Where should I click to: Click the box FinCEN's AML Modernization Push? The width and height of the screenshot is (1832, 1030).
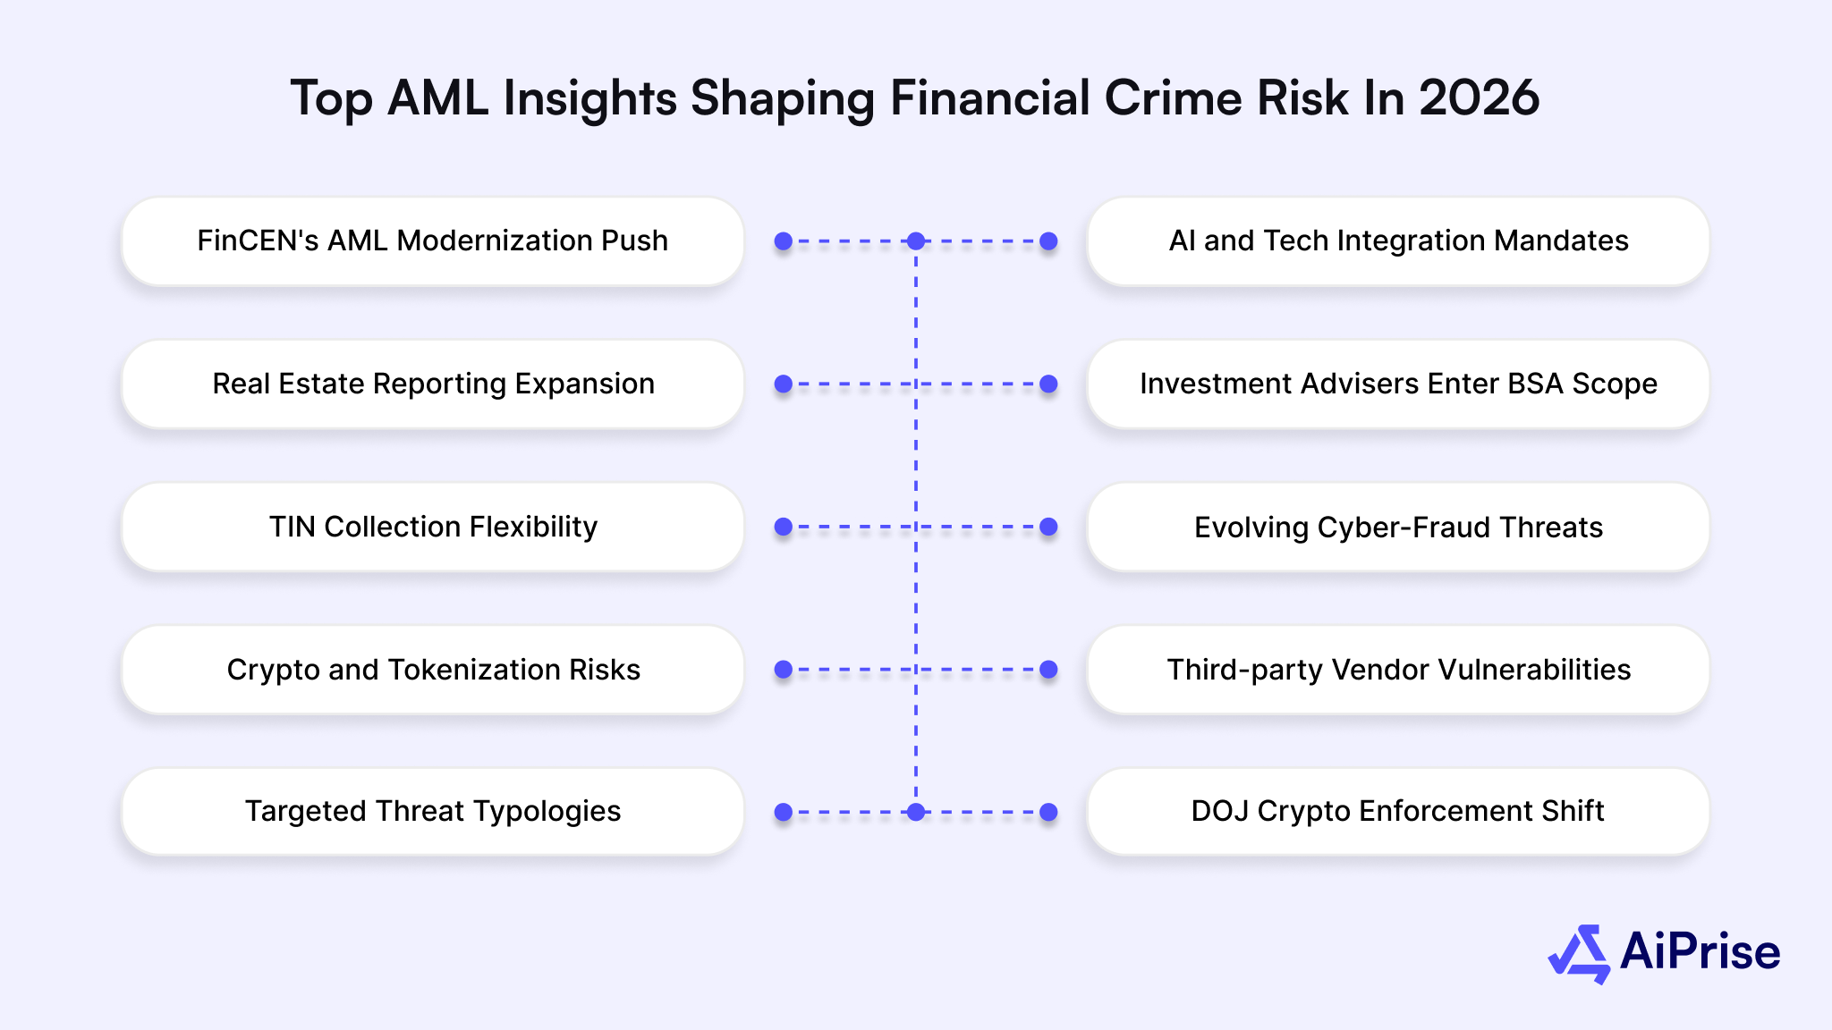432,241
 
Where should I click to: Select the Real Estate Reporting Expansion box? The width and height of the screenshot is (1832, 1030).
432,384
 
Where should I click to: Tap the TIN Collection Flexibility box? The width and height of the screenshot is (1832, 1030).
432,527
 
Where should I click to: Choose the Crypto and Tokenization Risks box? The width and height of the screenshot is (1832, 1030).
432,670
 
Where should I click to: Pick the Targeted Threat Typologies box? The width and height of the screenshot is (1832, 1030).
432,811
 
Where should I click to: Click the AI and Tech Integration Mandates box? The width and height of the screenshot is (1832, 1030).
1397,241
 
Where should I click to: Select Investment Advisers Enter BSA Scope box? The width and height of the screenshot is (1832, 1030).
1397,384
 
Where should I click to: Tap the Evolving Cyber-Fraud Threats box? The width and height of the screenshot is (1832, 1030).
1397,527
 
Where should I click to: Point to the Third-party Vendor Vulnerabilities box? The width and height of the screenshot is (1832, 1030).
1397,670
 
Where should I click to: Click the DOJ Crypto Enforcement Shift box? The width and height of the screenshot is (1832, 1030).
1397,811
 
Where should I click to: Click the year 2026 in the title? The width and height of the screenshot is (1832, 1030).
1479,97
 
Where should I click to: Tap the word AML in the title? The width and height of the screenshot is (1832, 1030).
437,97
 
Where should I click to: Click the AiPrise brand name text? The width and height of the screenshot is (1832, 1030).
1700,951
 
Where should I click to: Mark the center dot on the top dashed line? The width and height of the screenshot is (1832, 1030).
916,241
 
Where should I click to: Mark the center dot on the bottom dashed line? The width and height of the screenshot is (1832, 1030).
916,812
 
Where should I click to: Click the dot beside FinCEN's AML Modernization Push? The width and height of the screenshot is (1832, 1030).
784,241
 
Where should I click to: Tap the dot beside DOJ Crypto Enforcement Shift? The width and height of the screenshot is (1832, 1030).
1049,812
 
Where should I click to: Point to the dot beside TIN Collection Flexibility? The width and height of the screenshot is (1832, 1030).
784,527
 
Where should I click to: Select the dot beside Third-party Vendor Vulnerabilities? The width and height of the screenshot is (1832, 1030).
1049,670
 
